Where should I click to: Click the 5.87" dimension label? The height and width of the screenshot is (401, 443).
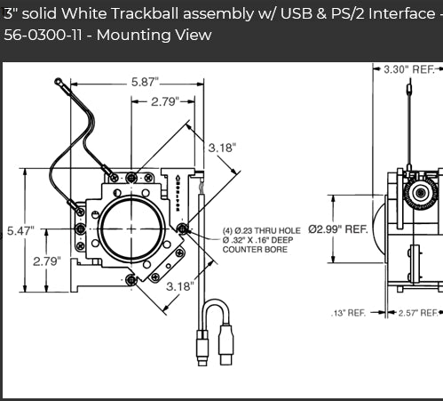point(145,82)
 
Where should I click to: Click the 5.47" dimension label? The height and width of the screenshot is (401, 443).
point(20,230)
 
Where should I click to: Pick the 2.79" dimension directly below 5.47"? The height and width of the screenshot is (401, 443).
point(45,261)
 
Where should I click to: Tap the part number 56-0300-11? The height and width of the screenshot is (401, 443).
point(39,36)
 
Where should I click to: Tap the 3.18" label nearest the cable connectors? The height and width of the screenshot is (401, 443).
point(180,286)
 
